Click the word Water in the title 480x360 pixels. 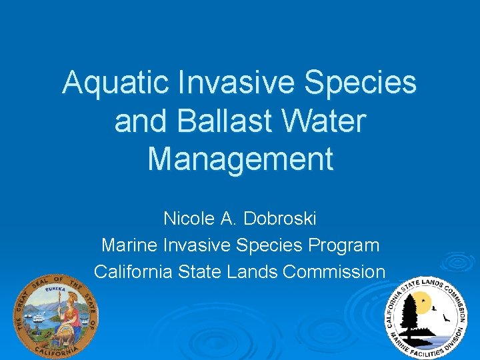331,121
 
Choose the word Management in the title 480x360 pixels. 240,159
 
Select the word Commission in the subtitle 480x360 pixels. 334,272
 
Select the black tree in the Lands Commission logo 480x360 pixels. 409,313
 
